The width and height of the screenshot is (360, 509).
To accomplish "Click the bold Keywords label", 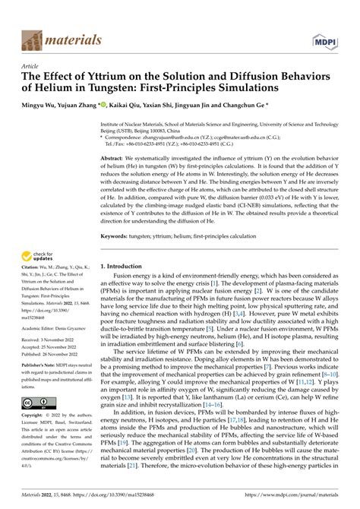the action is [115, 237].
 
